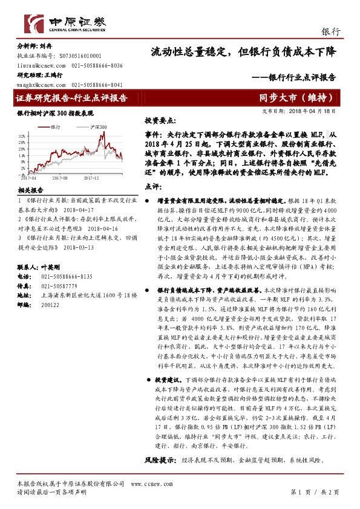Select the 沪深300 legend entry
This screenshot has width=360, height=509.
tap(97, 127)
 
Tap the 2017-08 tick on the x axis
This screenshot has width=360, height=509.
tap(59, 178)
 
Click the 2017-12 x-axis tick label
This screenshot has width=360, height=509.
tap(91, 178)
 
